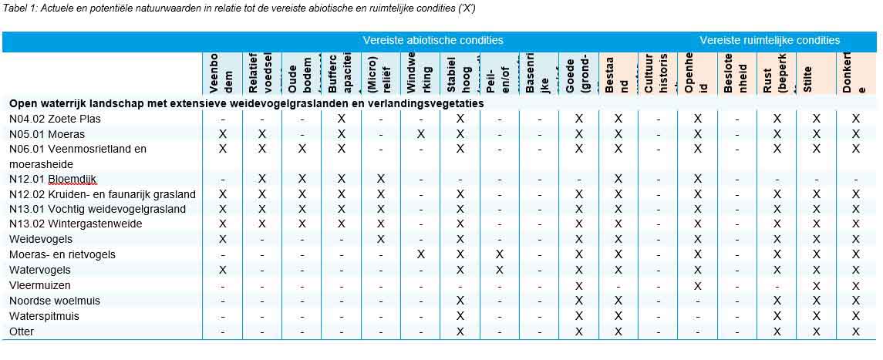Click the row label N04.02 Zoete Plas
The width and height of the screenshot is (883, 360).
(55, 119)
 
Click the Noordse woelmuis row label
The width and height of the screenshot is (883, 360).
(55, 301)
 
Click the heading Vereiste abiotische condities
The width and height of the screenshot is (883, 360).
(433, 40)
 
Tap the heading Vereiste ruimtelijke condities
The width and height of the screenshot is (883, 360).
(769, 40)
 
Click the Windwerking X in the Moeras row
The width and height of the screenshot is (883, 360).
(420, 134)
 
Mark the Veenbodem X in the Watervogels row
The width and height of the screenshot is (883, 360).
(223, 270)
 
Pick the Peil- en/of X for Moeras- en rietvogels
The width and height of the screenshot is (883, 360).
(500, 254)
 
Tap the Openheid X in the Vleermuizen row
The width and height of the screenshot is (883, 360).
(698, 285)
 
